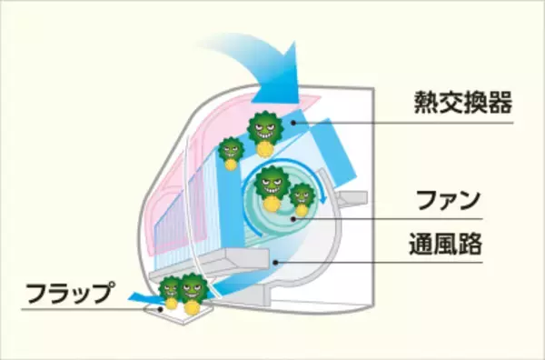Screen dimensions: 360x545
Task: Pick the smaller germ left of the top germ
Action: tap(232, 149)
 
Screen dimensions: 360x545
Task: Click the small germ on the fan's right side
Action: tap(302, 195)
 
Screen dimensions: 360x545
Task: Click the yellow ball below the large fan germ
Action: tap(271, 205)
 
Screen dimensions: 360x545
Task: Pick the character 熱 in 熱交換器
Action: tap(421, 97)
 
